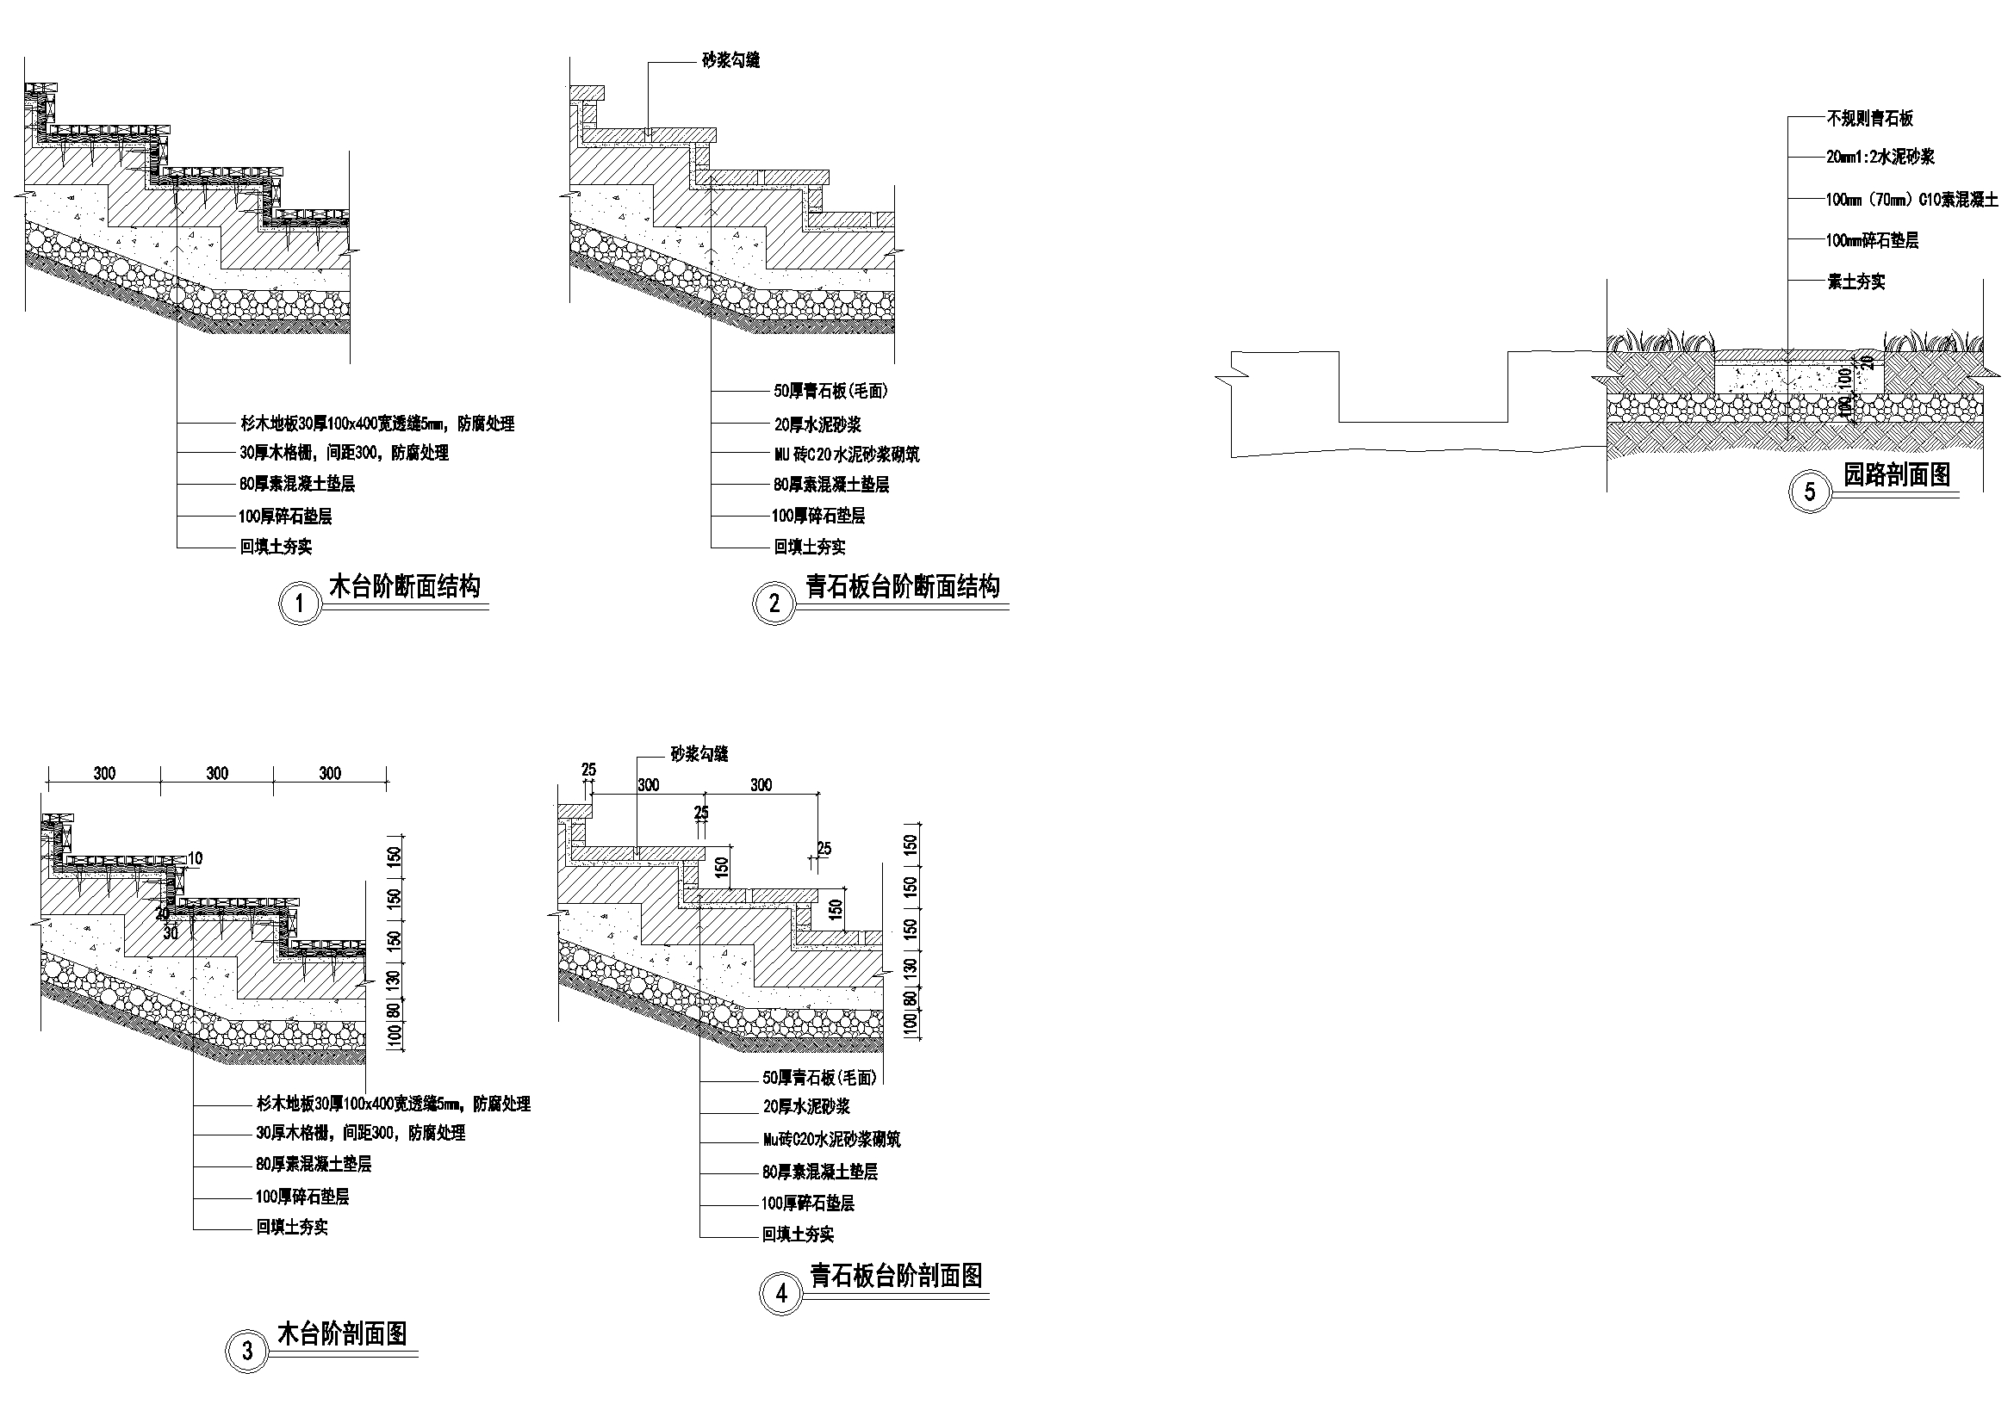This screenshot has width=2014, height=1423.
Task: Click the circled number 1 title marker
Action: [300, 603]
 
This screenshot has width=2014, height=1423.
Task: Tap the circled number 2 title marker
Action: [774, 603]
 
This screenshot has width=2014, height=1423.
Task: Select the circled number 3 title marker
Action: [247, 1350]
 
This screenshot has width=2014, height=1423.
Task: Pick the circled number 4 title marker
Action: [781, 1294]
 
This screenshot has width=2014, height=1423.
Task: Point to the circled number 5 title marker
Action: [1810, 491]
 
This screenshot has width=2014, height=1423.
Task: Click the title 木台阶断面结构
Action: [404, 585]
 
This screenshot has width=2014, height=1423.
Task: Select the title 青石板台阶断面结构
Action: [903, 585]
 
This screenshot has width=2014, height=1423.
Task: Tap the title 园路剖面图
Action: [1896, 474]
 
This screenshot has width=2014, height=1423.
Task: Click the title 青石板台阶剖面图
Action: [896, 1276]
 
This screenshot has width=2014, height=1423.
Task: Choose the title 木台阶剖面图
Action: [342, 1333]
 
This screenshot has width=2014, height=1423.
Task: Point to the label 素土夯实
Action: [1856, 282]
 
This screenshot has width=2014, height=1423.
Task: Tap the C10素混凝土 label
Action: [1911, 200]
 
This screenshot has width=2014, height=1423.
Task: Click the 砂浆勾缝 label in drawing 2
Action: [730, 60]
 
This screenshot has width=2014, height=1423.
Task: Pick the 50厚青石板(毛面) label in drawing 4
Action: [818, 1078]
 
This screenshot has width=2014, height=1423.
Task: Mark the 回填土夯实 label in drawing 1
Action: [277, 548]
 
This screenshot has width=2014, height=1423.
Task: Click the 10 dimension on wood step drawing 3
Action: [195, 858]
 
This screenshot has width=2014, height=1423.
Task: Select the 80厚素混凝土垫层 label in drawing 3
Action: [314, 1165]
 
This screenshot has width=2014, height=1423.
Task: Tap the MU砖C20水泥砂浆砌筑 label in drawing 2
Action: [846, 455]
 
